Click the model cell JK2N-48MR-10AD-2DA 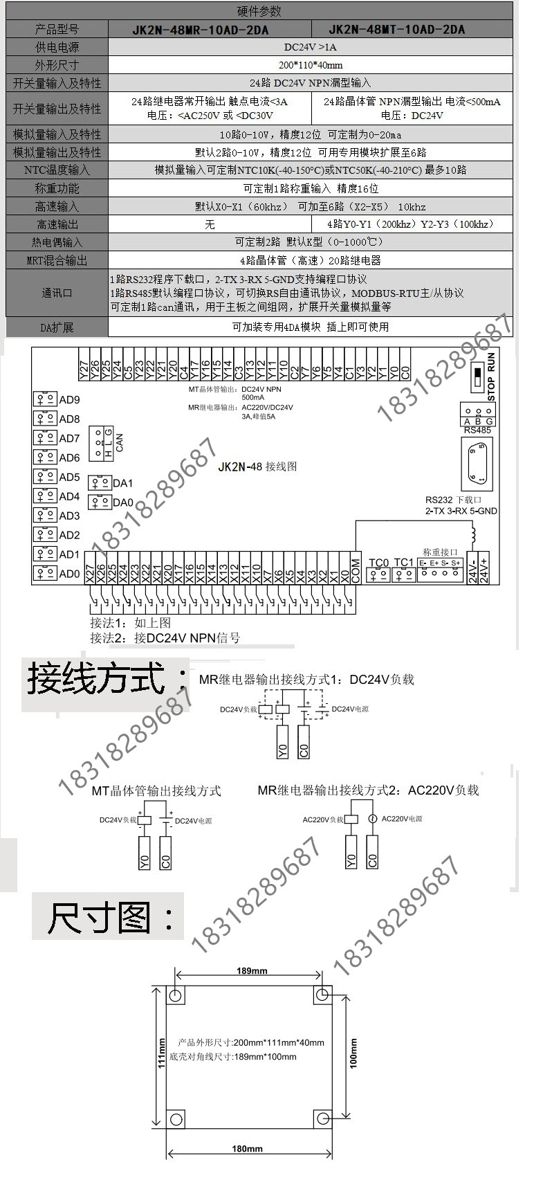(x=200, y=30)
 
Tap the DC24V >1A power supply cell (x=311, y=47)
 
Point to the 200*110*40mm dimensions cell (x=311, y=65)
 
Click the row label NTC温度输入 (x=57, y=170)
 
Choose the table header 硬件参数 (x=259, y=12)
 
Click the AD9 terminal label (x=69, y=400)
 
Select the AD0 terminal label (x=69, y=574)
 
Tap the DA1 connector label (x=123, y=483)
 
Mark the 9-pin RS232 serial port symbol (x=477, y=464)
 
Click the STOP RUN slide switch (x=478, y=377)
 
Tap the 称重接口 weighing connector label (x=440, y=552)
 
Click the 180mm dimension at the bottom (x=247, y=1149)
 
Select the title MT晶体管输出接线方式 (x=156, y=790)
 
